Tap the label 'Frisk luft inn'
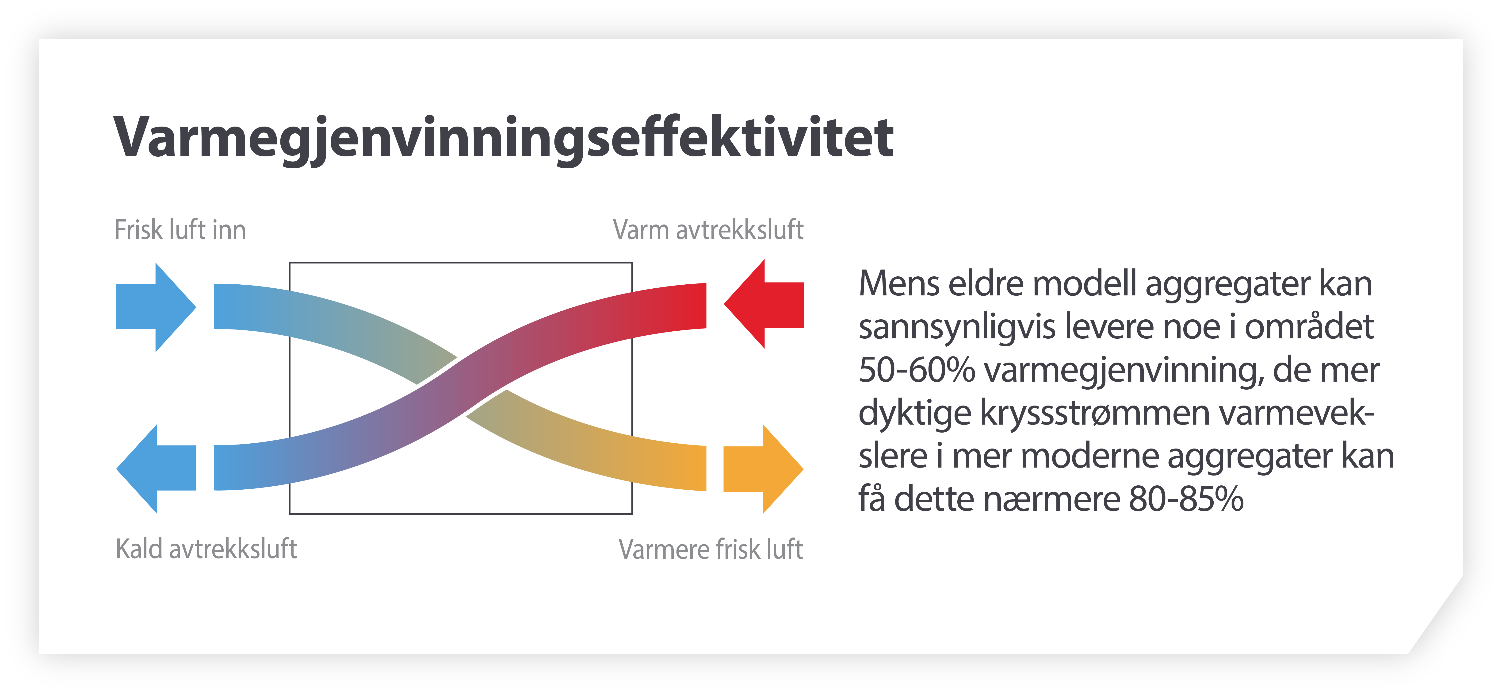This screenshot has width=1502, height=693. (x=180, y=230)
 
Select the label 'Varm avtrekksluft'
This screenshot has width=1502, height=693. (x=708, y=230)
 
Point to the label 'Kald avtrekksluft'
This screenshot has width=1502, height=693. (x=206, y=549)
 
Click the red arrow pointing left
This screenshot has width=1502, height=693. (x=764, y=304)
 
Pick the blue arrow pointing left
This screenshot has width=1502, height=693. (x=156, y=469)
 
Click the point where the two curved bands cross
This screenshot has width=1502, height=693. (x=461, y=387)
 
